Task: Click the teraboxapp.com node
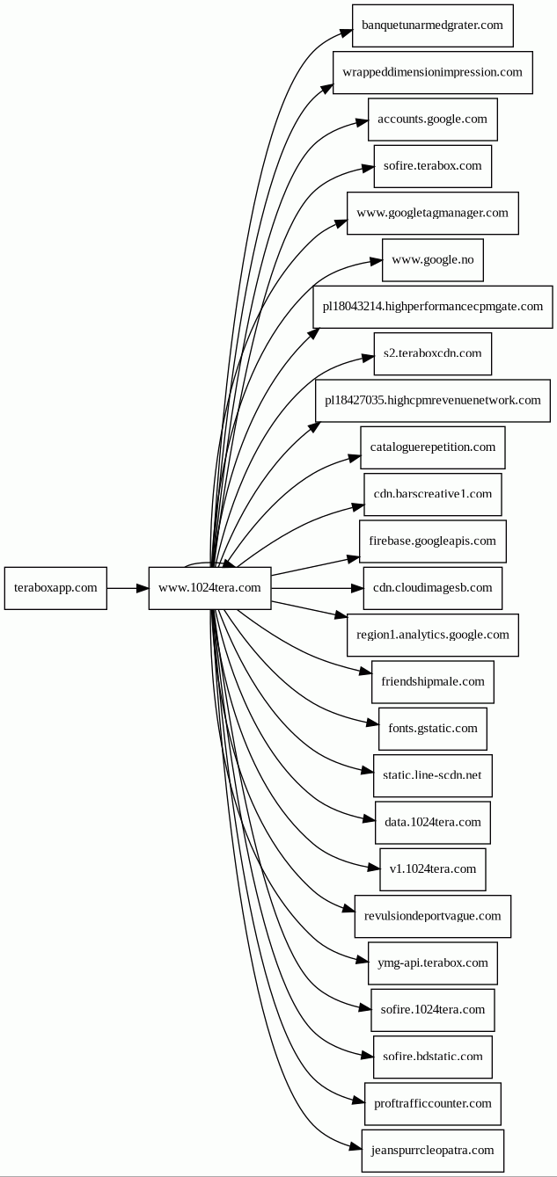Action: pyautogui.click(x=55, y=588)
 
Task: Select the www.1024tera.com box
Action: pyautogui.click(x=209, y=588)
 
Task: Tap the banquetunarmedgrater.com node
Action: pyautogui.click(x=432, y=25)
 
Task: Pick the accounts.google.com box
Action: pyautogui.click(x=432, y=120)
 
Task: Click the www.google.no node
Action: pyautogui.click(x=432, y=260)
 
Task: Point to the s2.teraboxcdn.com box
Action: pyautogui.click(x=432, y=353)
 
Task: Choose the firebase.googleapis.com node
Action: pyautogui.click(x=432, y=541)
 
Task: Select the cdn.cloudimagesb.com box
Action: pyautogui.click(x=432, y=588)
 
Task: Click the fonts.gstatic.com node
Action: pyautogui.click(x=432, y=729)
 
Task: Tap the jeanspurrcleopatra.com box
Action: pyautogui.click(x=432, y=1151)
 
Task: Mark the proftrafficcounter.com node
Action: pyautogui.click(x=432, y=1103)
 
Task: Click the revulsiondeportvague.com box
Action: pyautogui.click(x=432, y=917)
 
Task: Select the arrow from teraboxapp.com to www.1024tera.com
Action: pyautogui.click(x=128, y=588)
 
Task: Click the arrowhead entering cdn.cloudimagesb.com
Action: pyautogui.click(x=357, y=588)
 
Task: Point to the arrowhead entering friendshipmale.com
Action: pyautogui.click(x=366, y=671)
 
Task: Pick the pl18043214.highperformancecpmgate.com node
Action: pyautogui.click(x=432, y=307)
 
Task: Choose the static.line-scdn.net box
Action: pyautogui.click(x=432, y=775)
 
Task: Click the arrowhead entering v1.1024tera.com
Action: pyautogui.click(x=374, y=868)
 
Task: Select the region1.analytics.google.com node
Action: pyautogui.click(x=432, y=635)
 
